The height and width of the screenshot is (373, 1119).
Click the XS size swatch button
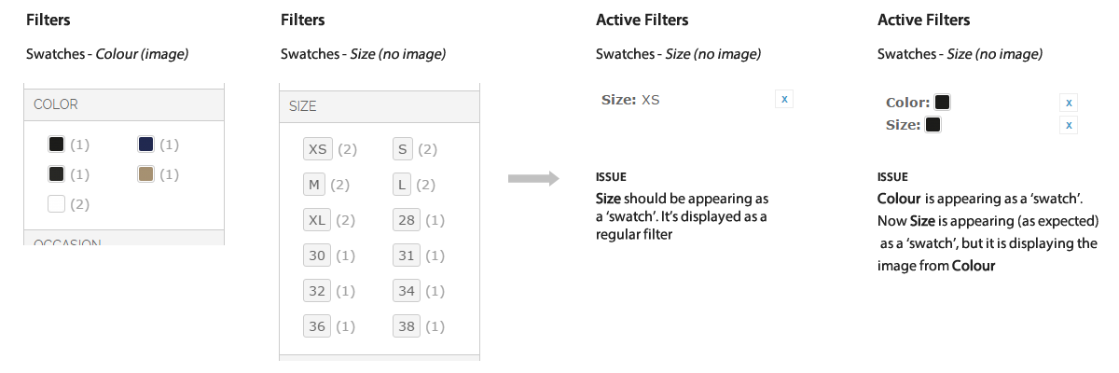318,149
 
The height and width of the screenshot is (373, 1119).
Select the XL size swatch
317,220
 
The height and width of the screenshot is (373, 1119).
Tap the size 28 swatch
407,220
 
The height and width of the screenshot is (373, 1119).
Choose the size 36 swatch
317,326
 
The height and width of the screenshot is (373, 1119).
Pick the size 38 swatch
407,326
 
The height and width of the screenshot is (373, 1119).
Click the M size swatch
314,185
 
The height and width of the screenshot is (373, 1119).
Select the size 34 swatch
407,291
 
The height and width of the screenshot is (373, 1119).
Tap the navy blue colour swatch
145,145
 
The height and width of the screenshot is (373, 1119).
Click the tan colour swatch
145,174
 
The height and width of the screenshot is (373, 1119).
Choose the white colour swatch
56,204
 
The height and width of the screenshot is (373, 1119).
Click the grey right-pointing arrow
533,178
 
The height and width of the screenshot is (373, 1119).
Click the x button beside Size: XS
784,99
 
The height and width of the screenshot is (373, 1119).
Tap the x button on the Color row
1069,103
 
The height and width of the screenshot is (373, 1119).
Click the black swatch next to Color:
942,103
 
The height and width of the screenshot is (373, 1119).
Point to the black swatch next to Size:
932,125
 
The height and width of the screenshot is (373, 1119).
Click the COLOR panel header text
56,104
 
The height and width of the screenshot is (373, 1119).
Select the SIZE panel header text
303,106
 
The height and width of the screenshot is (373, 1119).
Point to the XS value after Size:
651,100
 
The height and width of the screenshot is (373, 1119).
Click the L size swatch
402,185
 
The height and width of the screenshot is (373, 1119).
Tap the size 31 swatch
407,256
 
